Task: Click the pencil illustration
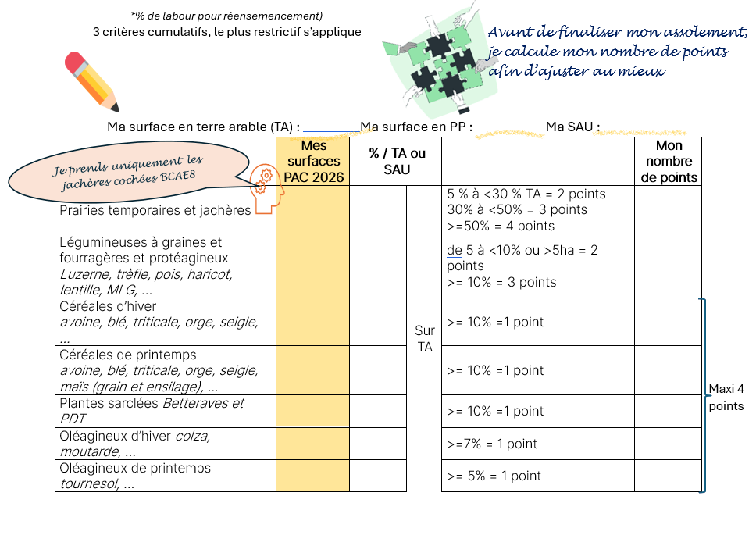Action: (92, 80)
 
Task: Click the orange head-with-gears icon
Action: (264, 189)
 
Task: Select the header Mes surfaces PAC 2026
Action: (312, 162)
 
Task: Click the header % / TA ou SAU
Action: (397, 162)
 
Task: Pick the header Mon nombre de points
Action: (669, 162)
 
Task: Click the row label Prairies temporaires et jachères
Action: (155, 210)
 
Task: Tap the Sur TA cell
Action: (425, 339)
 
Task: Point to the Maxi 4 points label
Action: (726, 397)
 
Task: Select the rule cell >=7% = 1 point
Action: (493, 444)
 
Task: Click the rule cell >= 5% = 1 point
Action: (494, 476)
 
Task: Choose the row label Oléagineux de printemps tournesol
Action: (135, 476)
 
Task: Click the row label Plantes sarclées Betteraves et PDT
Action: (152, 411)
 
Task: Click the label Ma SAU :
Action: (572, 127)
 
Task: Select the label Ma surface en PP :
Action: (416, 127)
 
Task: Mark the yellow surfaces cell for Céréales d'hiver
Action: (312, 322)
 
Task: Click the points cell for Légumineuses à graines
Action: (669, 266)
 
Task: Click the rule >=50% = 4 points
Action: (501, 226)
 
